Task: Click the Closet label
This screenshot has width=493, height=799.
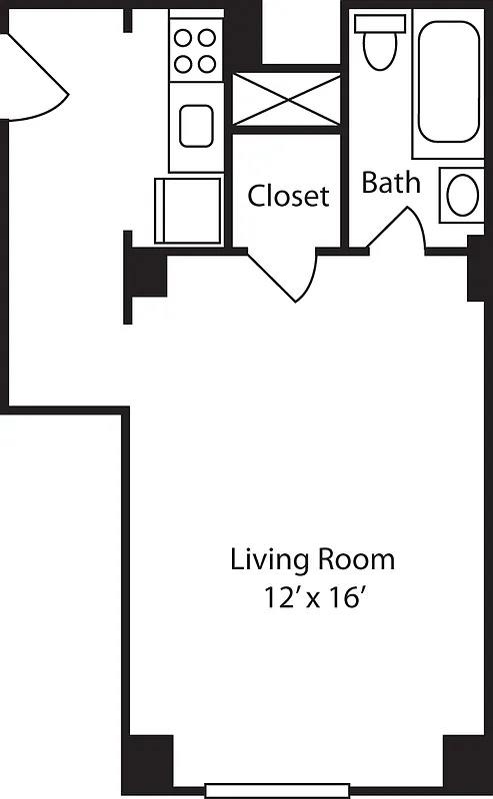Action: pos(288,196)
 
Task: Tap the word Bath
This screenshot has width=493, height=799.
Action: pos(390,183)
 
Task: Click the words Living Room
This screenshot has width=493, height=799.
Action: pos(312,559)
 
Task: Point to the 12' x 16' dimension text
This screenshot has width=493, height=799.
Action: pos(312,599)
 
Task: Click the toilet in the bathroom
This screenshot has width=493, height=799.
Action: pos(379,45)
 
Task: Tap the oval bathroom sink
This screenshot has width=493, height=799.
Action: pos(463,196)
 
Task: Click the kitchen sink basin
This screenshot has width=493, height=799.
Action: pos(195,126)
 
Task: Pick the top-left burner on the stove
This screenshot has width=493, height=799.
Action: pos(184,39)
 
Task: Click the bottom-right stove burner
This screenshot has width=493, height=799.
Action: pos(207,63)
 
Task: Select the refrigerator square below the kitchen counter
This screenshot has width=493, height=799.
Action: pos(188,210)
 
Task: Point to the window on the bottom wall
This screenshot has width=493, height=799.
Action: pos(277,790)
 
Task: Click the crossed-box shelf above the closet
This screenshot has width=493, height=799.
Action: pos(285,99)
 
